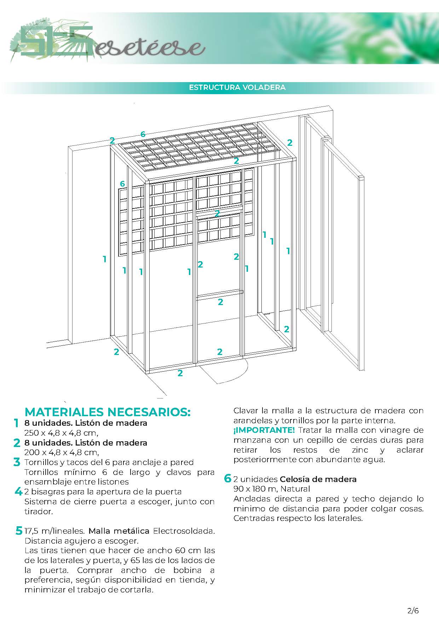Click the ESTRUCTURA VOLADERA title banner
click(237, 87)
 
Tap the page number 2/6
click(413, 611)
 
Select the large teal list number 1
click(16, 423)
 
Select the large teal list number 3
click(17, 462)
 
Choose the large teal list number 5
click(18, 531)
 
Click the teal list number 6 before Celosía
click(227, 479)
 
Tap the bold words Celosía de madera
click(318, 479)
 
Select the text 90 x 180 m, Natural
click(271, 489)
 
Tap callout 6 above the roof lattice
click(143, 134)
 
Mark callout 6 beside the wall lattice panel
click(122, 184)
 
